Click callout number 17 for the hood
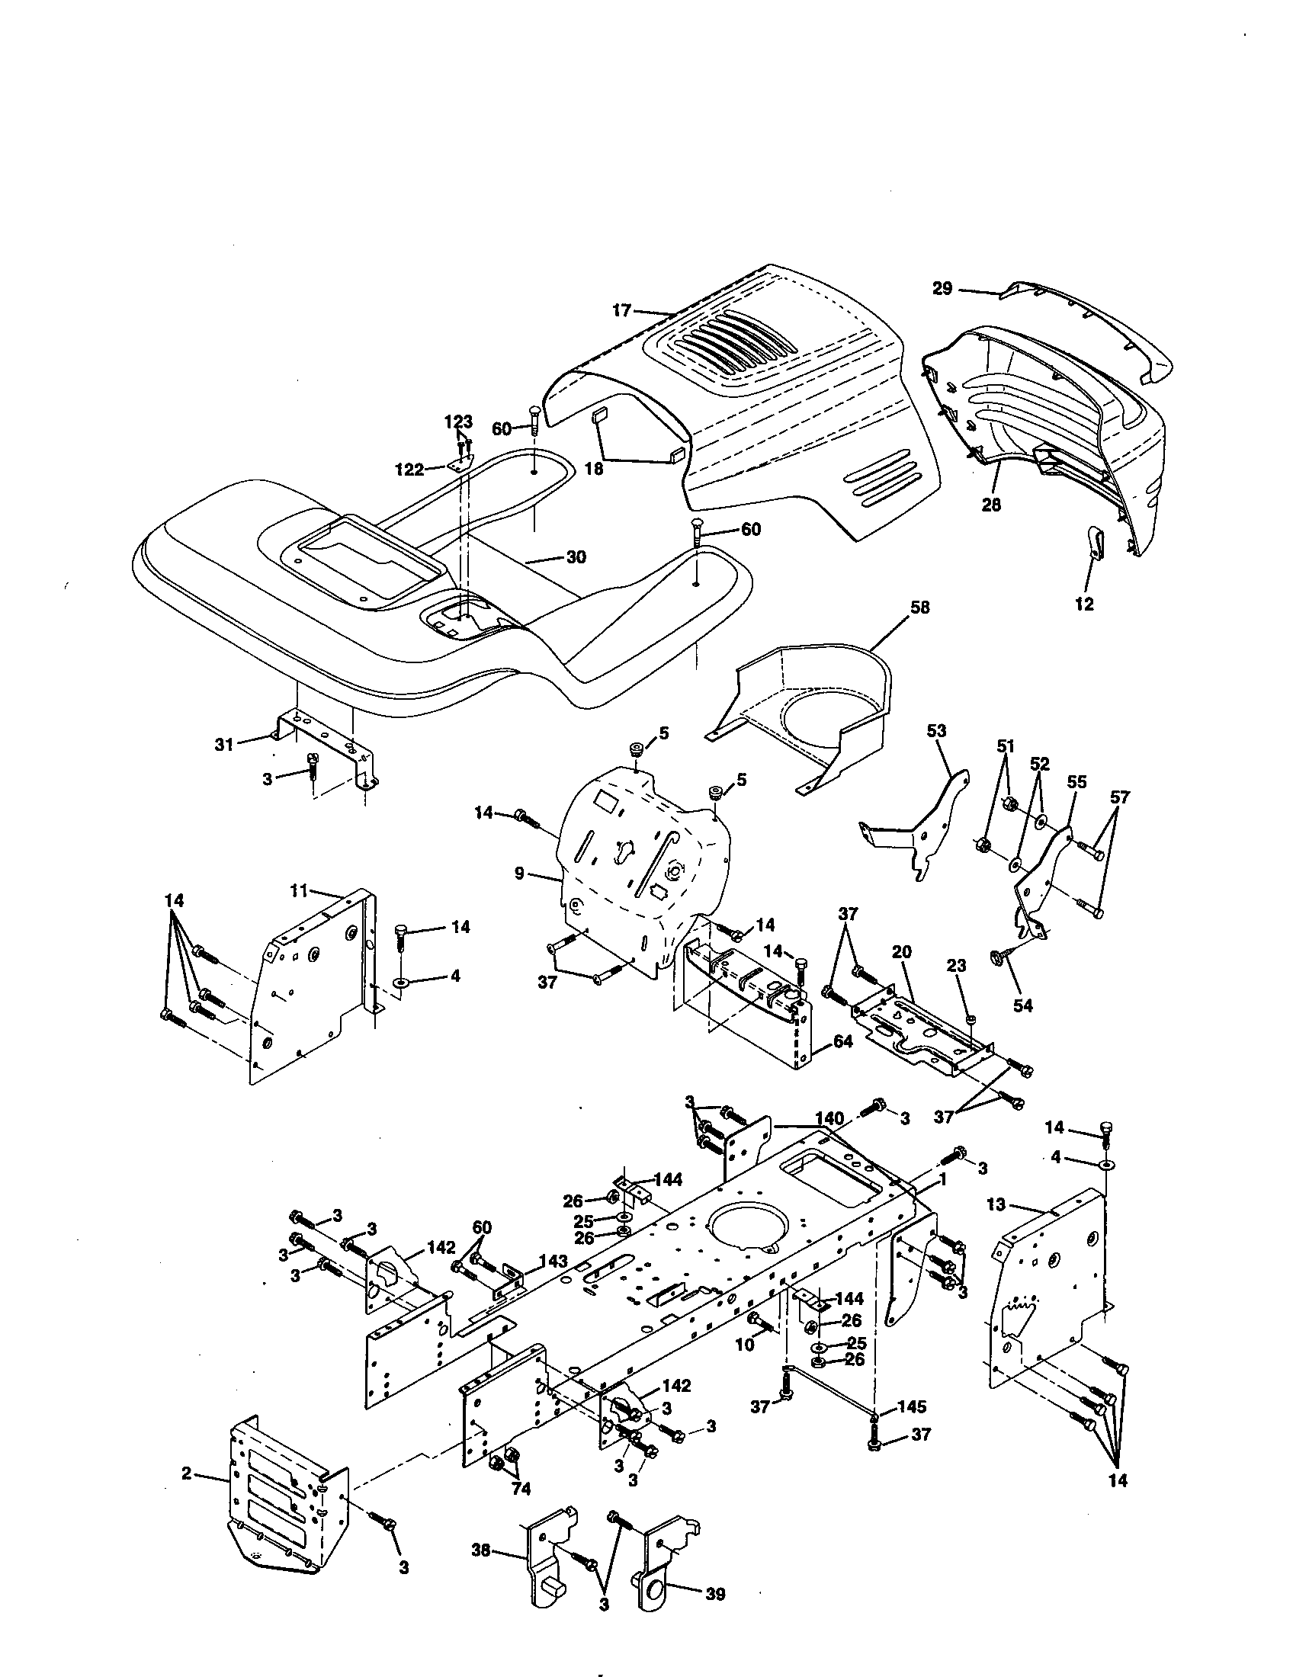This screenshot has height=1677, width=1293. click(x=621, y=310)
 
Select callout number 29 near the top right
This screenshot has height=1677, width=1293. click(x=942, y=289)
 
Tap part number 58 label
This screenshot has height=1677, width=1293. click(x=919, y=608)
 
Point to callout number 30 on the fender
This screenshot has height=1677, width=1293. click(x=576, y=556)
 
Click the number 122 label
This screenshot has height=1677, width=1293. click(x=409, y=469)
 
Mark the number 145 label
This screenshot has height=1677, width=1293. click(x=910, y=1406)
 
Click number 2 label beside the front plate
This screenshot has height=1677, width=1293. click(x=186, y=1474)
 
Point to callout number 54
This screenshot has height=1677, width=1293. click(x=1022, y=1005)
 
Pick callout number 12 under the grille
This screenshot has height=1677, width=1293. click(x=1083, y=604)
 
